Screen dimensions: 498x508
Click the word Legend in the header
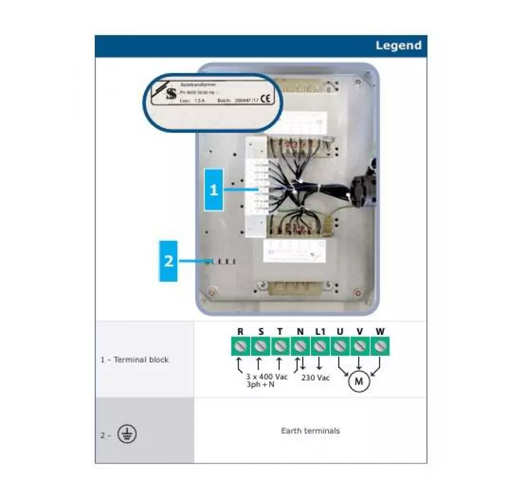click(398, 46)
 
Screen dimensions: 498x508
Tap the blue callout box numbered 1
click(213, 190)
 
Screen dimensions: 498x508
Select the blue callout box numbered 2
click(168, 261)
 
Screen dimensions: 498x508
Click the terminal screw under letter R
click(240, 345)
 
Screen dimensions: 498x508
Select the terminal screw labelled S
click(260, 345)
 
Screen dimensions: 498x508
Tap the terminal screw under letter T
click(280, 345)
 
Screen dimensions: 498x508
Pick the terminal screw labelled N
click(300, 345)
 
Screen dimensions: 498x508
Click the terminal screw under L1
click(319, 345)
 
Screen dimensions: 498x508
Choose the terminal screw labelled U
click(339, 345)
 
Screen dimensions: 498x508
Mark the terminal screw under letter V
click(359, 345)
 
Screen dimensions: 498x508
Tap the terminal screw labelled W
click(379, 345)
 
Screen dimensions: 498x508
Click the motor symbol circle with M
click(358, 382)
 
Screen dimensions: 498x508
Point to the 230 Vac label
click(316, 377)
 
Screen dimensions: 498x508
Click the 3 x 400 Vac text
click(267, 377)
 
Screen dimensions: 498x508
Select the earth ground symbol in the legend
click(127, 434)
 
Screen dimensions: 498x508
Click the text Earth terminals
click(310, 431)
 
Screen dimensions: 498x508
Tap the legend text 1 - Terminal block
click(134, 360)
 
